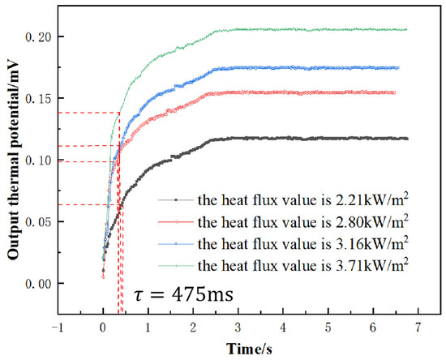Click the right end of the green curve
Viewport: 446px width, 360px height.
point(406,29)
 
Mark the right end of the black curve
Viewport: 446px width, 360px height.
point(407,139)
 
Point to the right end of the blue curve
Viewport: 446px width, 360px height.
point(398,67)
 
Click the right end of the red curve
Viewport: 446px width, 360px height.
point(395,92)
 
